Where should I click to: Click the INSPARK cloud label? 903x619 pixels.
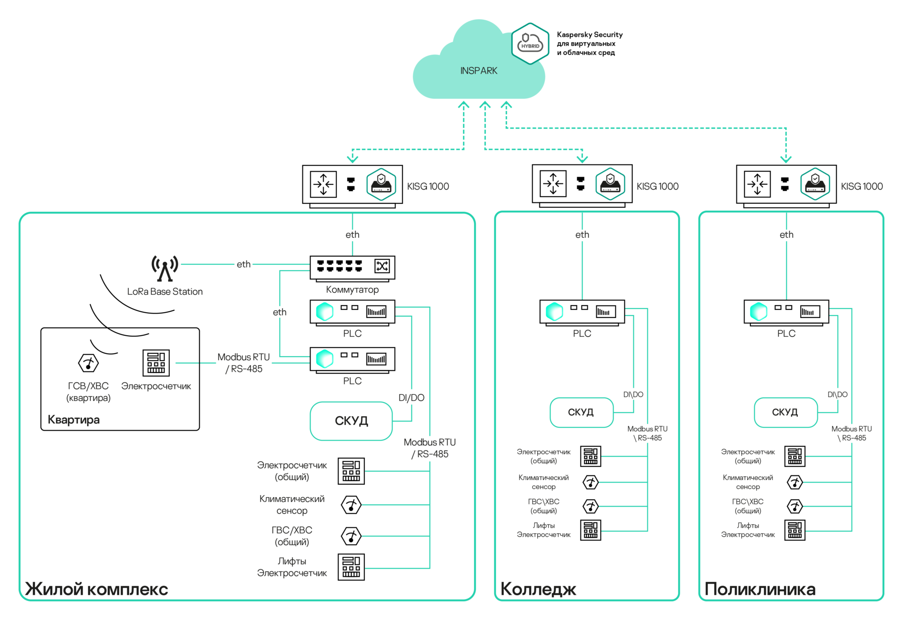pyautogui.click(x=479, y=71)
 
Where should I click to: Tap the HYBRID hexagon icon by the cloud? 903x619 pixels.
pyautogui.click(x=530, y=44)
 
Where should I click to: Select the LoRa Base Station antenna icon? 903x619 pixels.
pyautogui.click(x=165, y=268)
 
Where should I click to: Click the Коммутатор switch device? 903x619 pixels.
pyautogui.click(x=352, y=267)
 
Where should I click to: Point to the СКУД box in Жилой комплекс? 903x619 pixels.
pyautogui.click(x=351, y=421)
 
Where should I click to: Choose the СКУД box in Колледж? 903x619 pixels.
pyautogui.click(x=582, y=412)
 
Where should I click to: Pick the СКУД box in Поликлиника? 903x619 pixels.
pyautogui.click(x=786, y=412)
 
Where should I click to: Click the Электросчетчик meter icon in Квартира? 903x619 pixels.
pyautogui.click(x=156, y=363)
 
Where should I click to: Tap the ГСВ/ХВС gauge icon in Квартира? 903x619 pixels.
pyautogui.click(x=88, y=363)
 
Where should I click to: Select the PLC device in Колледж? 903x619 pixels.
pyautogui.click(x=582, y=312)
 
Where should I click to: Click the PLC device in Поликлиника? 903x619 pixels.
pyautogui.click(x=786, y=312)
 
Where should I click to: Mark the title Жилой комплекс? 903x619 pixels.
pyautogui.click(x=97, y=589)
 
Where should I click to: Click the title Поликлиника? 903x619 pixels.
pyautogui.click(x=760, y=589)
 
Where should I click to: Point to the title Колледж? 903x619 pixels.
pyautogui.click(x=538, y=589)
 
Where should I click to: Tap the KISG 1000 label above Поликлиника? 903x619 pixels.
pyautogui.click(x=861, y=186)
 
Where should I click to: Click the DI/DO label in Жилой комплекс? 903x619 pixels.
pyautogui.click(x=411, y=398)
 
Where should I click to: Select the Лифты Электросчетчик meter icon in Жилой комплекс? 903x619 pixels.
pyautogui.click(x=351, y=567)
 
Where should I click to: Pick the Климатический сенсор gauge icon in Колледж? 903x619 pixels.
pyautogui.click(x=591, y=483)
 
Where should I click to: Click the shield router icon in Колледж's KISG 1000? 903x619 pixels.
pyautogui.click(x=610, y=184)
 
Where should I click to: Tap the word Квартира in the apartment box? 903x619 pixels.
pyautogui.click(x=74, y=420)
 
